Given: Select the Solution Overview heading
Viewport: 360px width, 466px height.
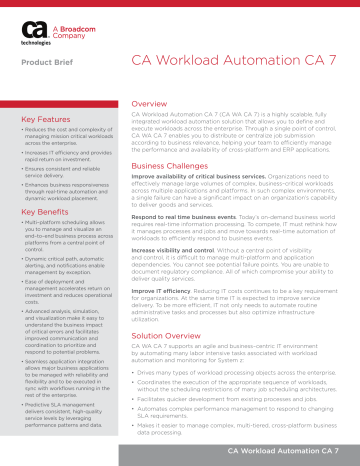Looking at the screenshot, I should tap(175, 336).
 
